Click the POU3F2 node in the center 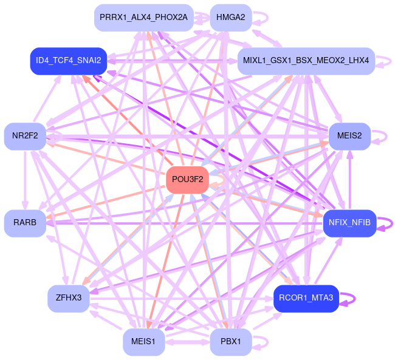point(188,180)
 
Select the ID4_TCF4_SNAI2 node point(68,61)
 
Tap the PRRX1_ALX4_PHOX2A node point(143,17)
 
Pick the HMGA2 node point(230,17)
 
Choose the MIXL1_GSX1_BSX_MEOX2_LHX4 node point(306,61)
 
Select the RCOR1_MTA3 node point(306,298)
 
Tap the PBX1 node point(230,342)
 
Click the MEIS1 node point(143,342)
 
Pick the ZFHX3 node point(68,298)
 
